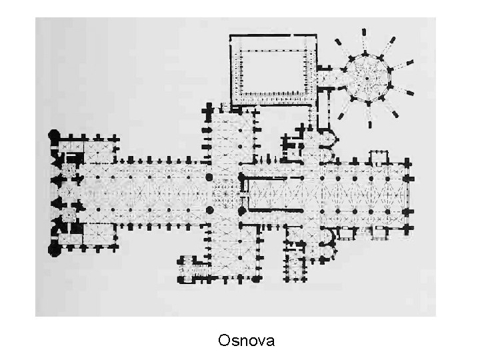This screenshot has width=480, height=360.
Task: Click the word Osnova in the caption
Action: point(246,341)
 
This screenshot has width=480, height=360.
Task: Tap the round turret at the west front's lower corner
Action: point(53,250)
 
